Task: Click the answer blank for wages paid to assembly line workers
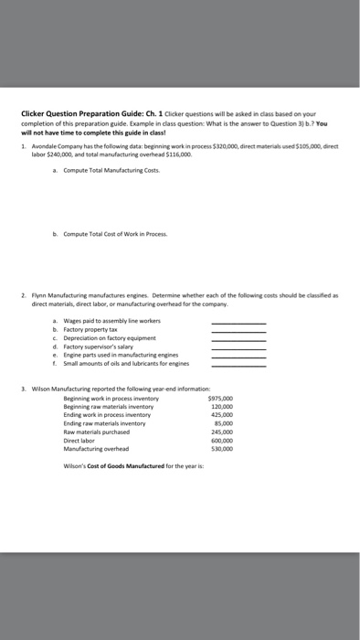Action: point(238,323)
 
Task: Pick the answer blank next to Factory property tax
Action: point(238,331)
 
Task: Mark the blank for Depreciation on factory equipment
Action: point(238,339)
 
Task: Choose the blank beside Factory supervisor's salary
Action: point(238,347)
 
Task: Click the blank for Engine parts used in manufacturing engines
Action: point(238,356)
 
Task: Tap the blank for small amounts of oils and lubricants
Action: point(238,364)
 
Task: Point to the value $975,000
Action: point(220,399)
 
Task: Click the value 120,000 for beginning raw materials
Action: point(222,407)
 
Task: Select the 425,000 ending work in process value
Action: point(222,415)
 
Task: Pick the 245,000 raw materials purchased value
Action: point(222,432)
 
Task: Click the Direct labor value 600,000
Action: point(222,441)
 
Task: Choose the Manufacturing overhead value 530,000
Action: point(222,449)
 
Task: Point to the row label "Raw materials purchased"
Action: point(96,432)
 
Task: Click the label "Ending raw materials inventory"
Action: point(105,424)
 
